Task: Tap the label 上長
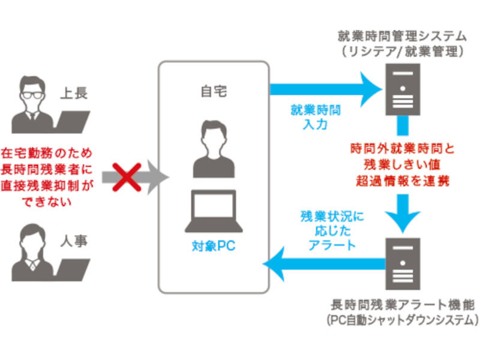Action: click(76, 94)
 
